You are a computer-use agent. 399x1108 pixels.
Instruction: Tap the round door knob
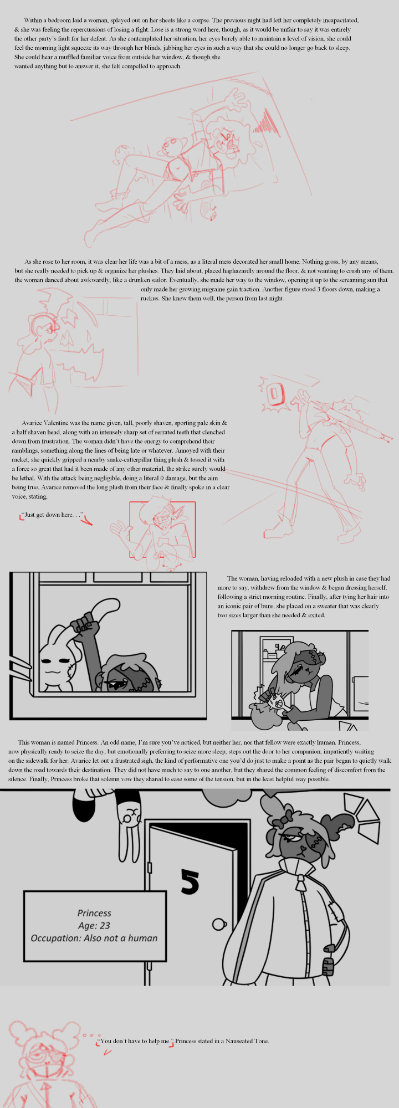point(219,924)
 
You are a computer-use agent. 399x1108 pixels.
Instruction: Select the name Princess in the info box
point(94,913)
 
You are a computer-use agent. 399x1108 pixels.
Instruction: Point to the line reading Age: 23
point(94,926)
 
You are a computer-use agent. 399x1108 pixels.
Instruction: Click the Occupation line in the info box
point(94,938)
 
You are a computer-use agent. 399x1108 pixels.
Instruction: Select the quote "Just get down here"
point(53,515)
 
